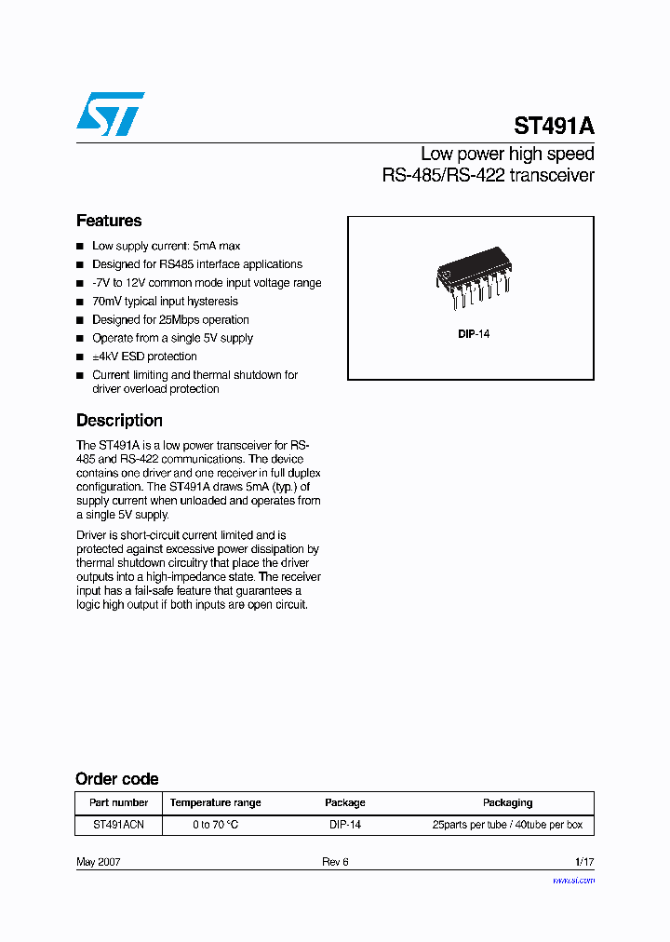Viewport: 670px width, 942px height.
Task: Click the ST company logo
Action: [x=110, y=114]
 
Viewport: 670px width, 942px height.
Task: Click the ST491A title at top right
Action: [x=554, y=127]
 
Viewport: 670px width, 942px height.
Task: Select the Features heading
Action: [x=109, y=221]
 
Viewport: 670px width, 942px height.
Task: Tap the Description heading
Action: [x=119, y=420]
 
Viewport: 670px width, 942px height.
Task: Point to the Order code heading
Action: [x=116, y=779]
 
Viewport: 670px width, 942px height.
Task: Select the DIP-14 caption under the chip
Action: [x=473, y=333]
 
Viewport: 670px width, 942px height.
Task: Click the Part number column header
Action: [x=118, y=802]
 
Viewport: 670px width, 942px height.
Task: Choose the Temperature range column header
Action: [x=215, y=802]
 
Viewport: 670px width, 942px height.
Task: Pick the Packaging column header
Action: [x=507, y=802]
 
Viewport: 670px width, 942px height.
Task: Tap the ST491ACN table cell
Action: [x=118, y=825]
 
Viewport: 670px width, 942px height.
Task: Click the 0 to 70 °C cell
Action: [x=215, y=825]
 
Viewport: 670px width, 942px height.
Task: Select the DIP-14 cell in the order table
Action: [x=344, y=825]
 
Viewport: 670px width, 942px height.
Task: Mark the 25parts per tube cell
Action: [x=507, y=825]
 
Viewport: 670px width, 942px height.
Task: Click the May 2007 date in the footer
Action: [x=98, y=862]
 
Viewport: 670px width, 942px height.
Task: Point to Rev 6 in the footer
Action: [x=335, y=862]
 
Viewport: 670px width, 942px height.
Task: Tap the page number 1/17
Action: [x=583, y=862]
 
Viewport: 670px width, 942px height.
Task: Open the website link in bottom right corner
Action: [x=573, y=880]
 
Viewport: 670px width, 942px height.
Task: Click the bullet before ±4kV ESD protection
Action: [x=80, y=357]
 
